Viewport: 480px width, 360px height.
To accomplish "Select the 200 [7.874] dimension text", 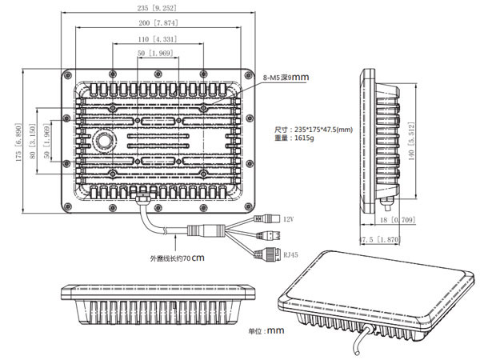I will click(x=157, y=22).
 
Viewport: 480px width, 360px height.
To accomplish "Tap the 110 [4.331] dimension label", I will click(x=157, y=38).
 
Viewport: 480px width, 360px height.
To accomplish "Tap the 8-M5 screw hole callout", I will click(x=285, y=77).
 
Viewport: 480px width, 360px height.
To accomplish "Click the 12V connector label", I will click(x=288, y=218).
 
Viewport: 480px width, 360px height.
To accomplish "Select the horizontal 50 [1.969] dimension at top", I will click(x=157, y=53).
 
